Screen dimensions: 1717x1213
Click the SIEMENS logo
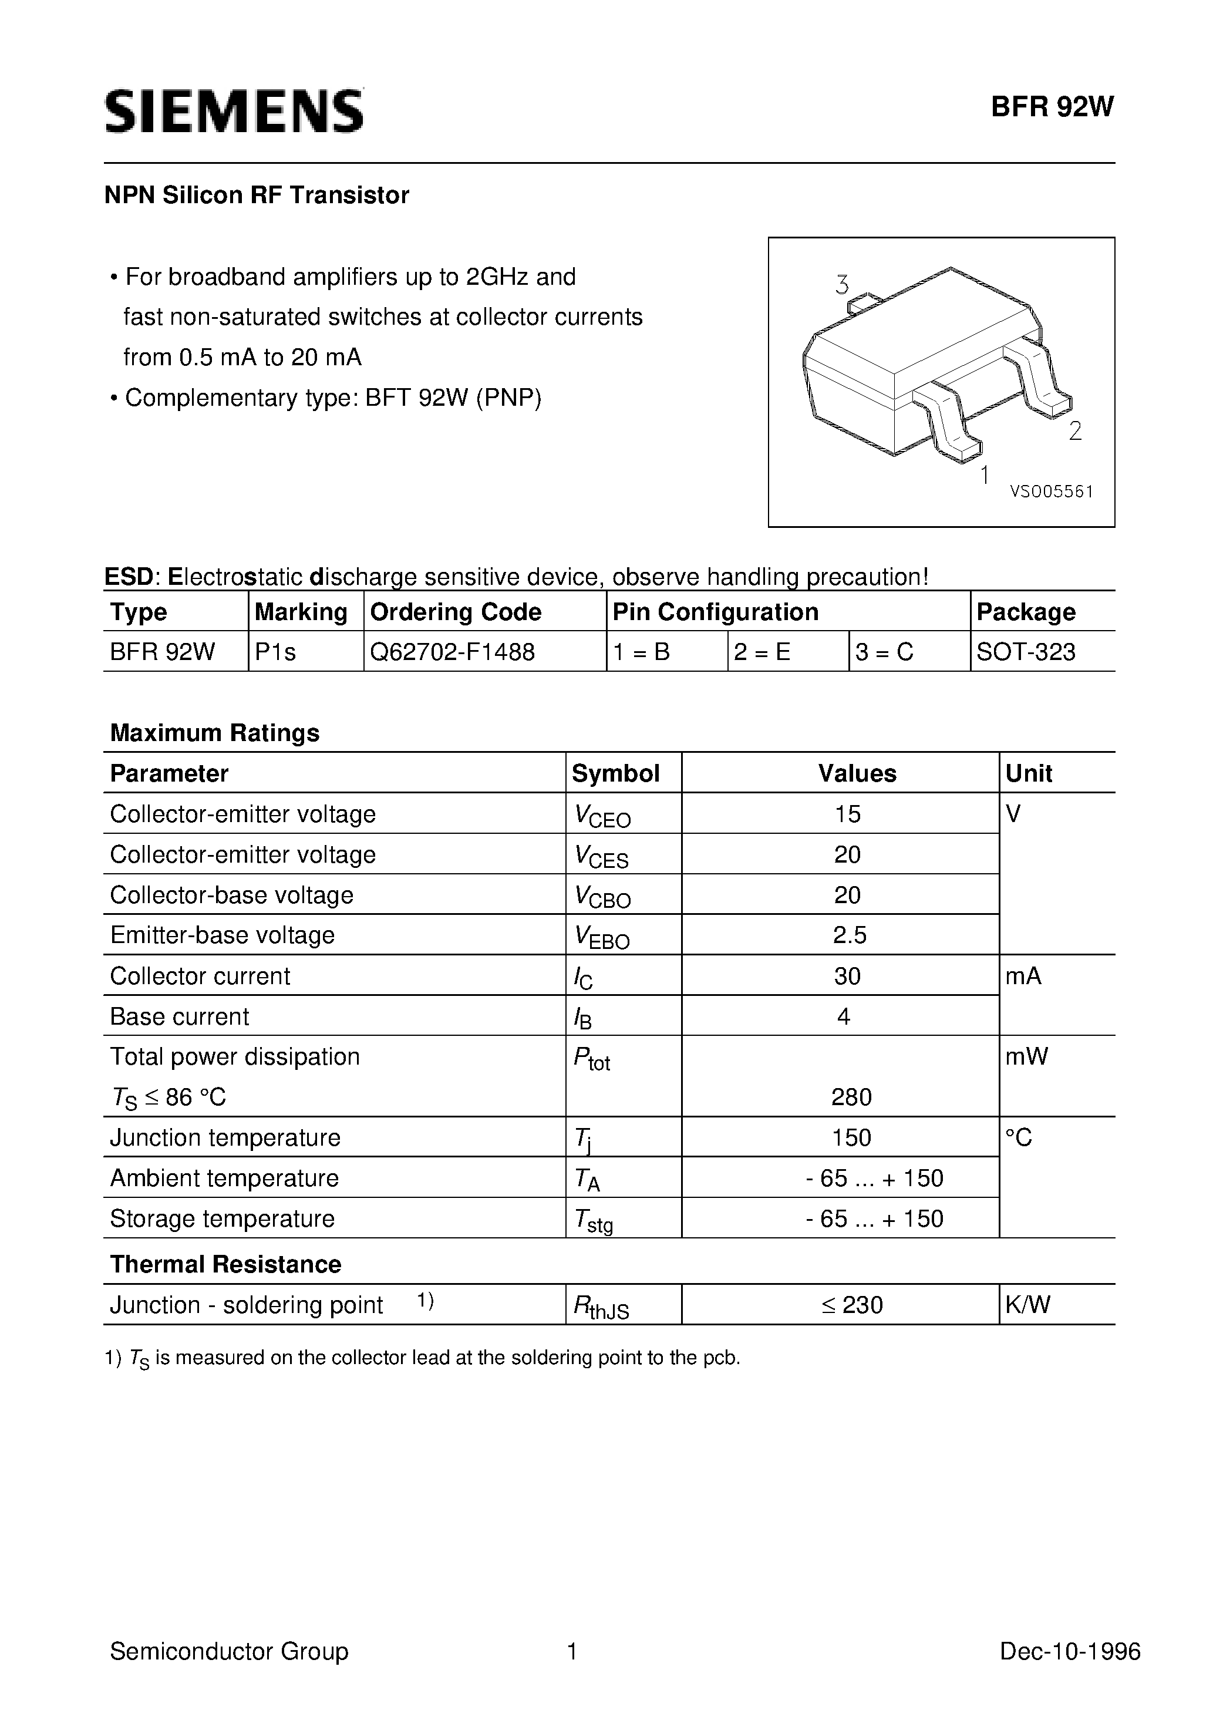234,112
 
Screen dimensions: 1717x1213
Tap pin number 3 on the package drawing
842,285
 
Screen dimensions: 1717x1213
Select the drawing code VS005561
1052,491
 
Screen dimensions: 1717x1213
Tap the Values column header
857,773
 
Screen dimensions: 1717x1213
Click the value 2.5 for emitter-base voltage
850,935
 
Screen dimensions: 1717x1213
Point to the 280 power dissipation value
851,1097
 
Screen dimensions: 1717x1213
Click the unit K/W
1027,1305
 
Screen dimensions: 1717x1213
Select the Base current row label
180,1016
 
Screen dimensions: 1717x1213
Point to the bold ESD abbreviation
128,577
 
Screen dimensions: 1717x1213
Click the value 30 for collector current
847,976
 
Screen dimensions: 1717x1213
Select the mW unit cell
1027,1056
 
